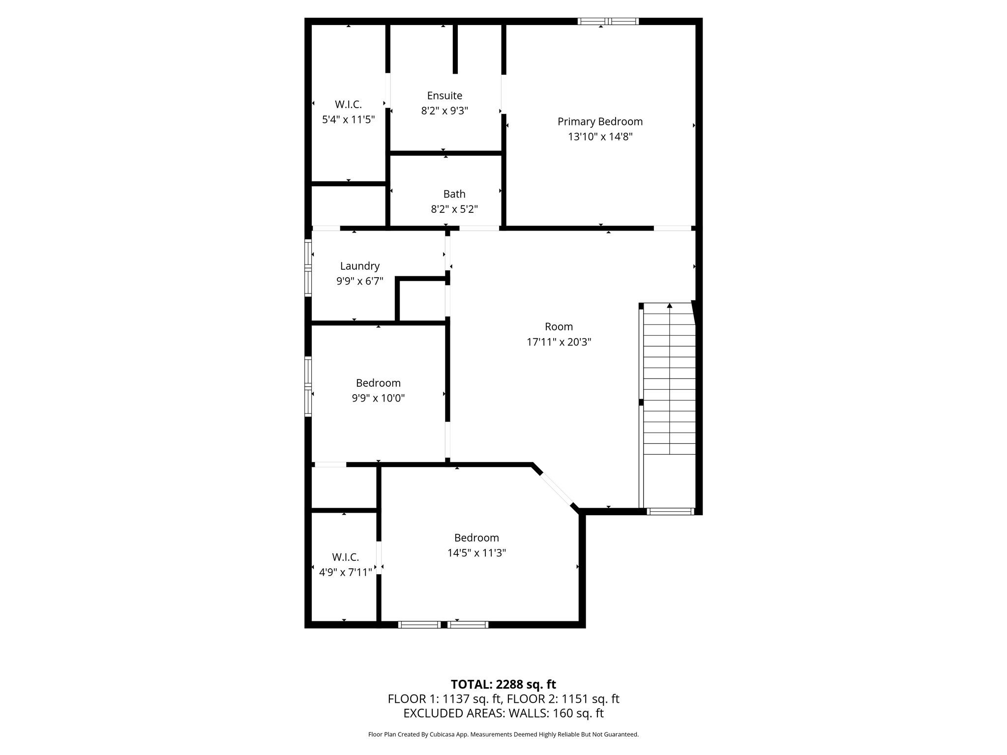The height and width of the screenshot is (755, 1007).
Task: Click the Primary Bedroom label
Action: (600, 121)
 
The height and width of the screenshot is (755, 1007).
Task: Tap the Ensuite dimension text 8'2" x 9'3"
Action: (444, 111)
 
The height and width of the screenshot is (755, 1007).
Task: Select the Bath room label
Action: (454, 194)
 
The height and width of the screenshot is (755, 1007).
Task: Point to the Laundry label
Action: (360, 266)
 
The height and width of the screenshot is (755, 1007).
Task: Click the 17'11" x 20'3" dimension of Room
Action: (559, 342)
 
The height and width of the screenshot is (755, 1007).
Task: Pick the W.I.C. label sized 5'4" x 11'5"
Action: (348, 105)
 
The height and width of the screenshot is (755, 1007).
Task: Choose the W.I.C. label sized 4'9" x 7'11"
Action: (345, 557)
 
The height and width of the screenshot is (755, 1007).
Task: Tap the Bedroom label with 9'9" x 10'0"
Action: (378, 383)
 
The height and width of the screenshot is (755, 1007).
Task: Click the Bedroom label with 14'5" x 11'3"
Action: (476, 538)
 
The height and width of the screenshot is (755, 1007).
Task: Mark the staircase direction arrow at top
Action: (670, 306)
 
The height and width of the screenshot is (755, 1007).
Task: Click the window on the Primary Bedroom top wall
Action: (608, 21)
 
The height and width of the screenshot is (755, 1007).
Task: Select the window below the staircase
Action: (671, 512)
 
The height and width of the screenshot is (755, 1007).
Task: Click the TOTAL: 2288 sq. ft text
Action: (503, 684)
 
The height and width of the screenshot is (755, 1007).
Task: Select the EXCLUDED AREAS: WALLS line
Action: (503, 713)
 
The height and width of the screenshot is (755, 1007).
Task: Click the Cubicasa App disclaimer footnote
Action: (503, 734)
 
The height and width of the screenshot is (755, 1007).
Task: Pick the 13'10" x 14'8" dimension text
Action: (600, 137)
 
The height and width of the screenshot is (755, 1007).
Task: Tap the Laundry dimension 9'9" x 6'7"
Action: (360, 281)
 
